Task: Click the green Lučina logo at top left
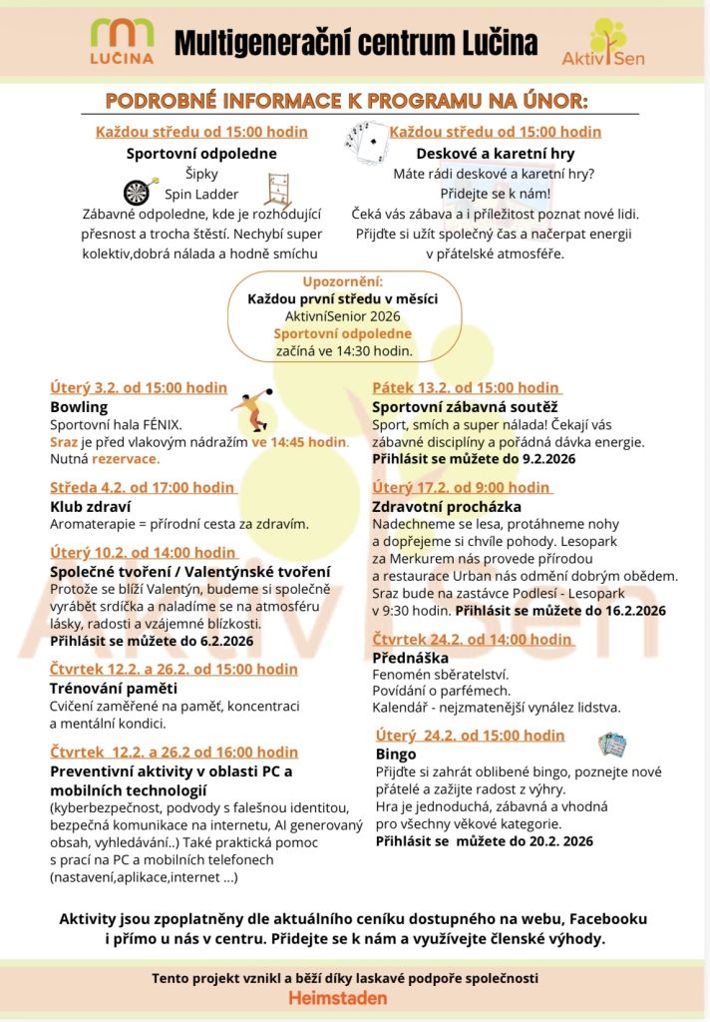pos(123,41)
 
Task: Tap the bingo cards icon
pos(611,744)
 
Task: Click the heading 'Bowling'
pos(79,407)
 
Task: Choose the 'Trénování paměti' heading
pos(114,688)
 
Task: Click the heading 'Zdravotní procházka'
pos(447,506)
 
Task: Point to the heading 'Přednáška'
pos(410,658)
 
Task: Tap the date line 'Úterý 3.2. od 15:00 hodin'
pos(139,387)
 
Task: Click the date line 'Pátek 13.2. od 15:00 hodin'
pos(466,387)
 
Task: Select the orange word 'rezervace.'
pos(126,459)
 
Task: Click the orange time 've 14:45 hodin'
pos(299,441)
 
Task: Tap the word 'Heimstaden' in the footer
pos(338,998)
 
